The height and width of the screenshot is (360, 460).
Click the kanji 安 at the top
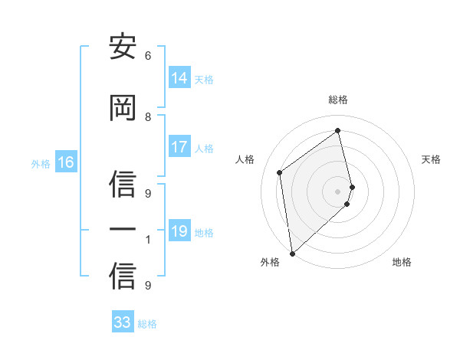(x=123, y=48)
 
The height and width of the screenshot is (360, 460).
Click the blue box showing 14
(x=179, y=78)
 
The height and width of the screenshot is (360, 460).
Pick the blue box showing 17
(x=179, y=148)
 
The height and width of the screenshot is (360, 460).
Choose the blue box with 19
(x=179, y=231)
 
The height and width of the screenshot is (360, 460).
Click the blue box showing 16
(x=66, y=162)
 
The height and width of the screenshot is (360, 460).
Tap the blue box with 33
(x=123, y=322)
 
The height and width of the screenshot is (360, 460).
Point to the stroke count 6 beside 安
(x=148, y=56)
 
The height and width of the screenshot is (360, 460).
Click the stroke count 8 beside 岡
(x=148, y=116)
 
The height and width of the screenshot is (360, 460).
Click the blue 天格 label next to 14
(x=204, y=80)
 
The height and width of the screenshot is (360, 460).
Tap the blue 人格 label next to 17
(x=204, y=149)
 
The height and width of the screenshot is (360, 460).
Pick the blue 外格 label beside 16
(x=41, y=163)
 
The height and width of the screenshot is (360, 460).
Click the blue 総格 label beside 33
(x=147, y=324)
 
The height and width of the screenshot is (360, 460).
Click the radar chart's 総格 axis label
(x=338, y=100)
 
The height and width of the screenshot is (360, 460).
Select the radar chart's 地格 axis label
(x=402, y=263)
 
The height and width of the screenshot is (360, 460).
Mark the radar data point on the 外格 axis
(x=291, y=253)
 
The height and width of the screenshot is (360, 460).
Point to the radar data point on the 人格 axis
(x=280, y=172)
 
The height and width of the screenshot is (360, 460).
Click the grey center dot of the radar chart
(x=338, y=190)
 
